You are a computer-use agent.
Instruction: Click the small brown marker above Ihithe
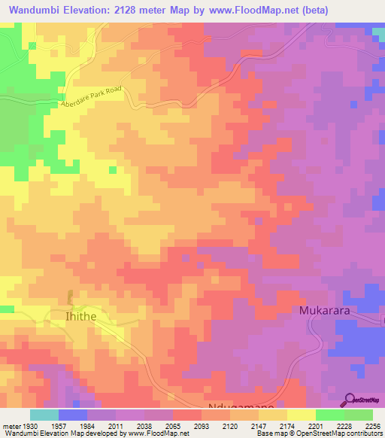click(71, 298)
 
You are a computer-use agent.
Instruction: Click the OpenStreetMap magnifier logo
click(351, 400)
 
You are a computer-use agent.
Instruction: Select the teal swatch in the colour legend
click(44, 415)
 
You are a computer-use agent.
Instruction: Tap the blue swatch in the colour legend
click(73, 415)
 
